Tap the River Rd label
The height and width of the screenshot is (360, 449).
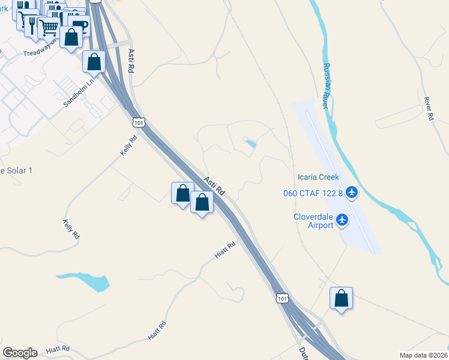point(428,109)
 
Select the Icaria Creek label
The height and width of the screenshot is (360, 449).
point(318,177)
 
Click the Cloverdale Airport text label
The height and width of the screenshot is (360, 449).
point(313,221)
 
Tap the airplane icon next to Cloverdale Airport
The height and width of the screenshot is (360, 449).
point(343,220)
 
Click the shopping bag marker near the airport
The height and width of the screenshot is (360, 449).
point(341,298)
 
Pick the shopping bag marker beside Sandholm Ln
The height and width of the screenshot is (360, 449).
point(94,61)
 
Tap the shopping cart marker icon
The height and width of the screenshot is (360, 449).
point(48,27)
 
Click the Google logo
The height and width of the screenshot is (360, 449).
point(20,353)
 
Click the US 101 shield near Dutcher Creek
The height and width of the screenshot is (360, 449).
point(282,298)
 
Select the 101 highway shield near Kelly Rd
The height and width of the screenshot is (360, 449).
point(139,122)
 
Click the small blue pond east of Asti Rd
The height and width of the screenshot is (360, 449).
point(250,143)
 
